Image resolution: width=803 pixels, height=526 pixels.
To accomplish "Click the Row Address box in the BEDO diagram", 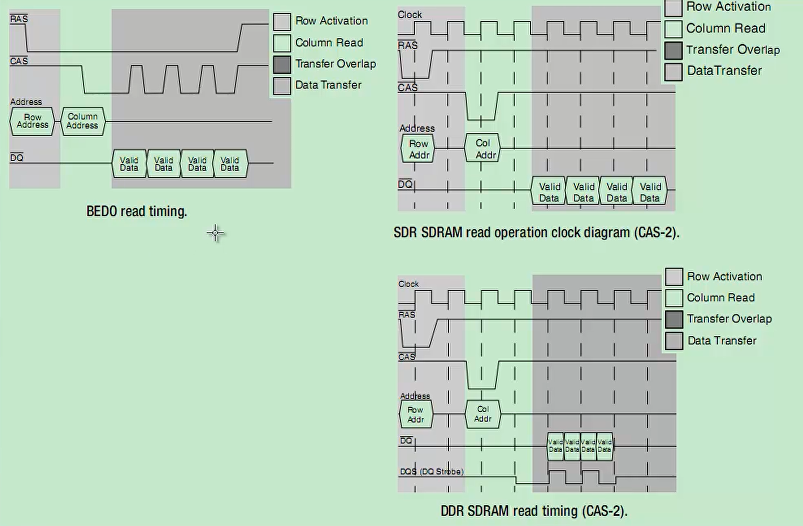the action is [32, 121].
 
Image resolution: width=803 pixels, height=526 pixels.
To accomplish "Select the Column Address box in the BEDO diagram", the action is [83, 121].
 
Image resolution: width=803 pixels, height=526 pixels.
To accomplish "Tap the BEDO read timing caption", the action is [137, 211].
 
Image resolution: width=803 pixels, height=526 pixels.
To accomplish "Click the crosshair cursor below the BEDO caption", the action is [215, 233].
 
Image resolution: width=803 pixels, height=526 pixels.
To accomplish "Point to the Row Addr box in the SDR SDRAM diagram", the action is [418, 148].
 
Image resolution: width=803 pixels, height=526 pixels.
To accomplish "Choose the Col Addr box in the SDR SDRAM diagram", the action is [483, 148].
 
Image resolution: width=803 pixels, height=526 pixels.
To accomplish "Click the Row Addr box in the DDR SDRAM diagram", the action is [416, 414].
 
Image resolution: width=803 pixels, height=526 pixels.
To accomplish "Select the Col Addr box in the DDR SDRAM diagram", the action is [483, 414].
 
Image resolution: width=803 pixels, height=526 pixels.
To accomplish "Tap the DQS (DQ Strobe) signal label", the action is [432, 471].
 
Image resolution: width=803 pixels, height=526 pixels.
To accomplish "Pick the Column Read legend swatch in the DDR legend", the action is [674, 298].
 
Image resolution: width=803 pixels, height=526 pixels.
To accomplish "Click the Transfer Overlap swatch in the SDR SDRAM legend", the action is [673, 50].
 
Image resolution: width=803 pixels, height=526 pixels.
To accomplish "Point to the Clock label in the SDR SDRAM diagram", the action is [410, 15].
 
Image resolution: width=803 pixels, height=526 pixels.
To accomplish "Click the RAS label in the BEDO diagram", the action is [19, 18].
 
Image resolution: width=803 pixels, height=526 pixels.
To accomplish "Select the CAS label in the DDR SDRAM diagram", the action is [407, 356].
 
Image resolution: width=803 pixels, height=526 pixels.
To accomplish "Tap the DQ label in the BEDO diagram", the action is [17, 157].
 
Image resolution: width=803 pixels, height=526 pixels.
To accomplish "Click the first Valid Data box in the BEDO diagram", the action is [129, 164].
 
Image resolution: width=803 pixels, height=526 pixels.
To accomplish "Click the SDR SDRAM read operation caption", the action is [536, 233].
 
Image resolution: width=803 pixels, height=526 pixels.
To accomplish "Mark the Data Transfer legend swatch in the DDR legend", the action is [674, 341].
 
